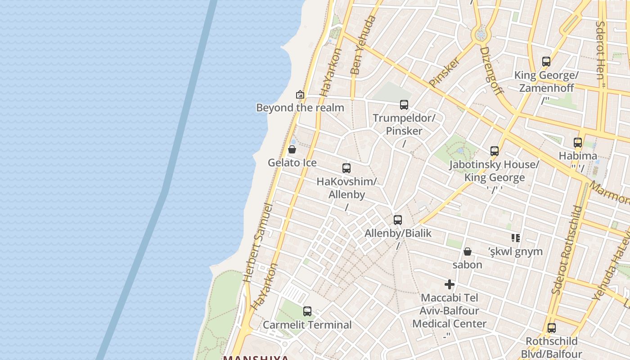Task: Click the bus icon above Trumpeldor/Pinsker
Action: pyautogui.click(x=404, y=105)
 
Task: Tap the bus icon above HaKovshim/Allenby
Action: pyautogui.click(x=346, y=168)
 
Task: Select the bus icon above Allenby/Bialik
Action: pyautogui.click(x=398, y=220)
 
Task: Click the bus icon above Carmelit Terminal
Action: pyautogui.click(x=307, y=311)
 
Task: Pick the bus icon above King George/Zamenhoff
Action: pyautogui.click(x=546, y=62)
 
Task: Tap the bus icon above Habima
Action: pyautogui.click(x=578, y=143)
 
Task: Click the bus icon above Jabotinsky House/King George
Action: pyautogui.click(x=495, y=151)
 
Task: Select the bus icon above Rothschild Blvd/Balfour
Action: pyautogui.click(x=552, y=328)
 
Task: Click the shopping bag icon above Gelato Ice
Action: pyautogui.click(x=292, y=149)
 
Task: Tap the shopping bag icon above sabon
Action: pyautogui.click(x=468, y=252)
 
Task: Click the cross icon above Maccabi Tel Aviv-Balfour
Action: pyautogui.click(x=450, y=284)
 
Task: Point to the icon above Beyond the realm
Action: pyautogui.click(x=300, y=94)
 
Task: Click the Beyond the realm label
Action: pyautogui.click(x=300, y=108)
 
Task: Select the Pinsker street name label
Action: pyautogui.click(x=445, y=72)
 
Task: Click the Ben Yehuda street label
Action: pyautogui.click(x=362, y=45)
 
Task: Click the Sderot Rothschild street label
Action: pyautogui.click(x=568, y=250)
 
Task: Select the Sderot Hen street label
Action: pyautogui.click(x=601, y=49)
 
